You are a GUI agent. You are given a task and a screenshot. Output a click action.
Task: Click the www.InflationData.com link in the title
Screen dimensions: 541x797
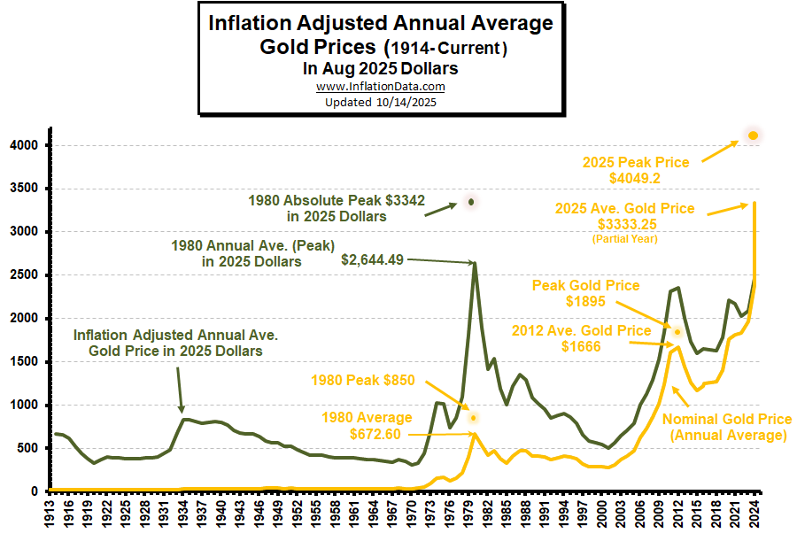380,87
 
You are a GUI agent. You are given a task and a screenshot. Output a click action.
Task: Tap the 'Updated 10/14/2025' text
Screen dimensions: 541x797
380,102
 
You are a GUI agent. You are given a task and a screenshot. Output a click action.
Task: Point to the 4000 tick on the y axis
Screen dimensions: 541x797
24,145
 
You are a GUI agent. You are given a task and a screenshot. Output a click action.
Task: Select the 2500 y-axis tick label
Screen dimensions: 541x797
24,275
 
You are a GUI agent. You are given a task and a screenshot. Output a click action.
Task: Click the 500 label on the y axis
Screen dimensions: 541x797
27,448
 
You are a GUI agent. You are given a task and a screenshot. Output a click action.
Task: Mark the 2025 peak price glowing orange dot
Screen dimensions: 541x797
754,135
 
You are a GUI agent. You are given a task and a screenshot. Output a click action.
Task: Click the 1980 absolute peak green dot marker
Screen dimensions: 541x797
471,202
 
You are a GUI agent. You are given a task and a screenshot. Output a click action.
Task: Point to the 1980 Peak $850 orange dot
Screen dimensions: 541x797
474,417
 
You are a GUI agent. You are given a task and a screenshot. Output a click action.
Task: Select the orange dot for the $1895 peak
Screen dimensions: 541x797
678,332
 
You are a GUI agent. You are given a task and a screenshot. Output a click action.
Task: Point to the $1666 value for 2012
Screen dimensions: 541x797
581,346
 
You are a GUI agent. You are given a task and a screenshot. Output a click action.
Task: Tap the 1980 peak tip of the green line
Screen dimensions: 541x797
475,263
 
